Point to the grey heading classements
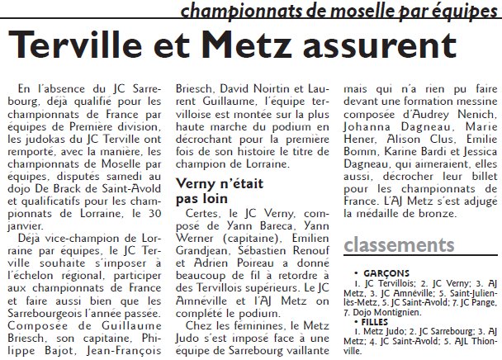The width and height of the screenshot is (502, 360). pyautogui.click(x=400, y=245)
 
